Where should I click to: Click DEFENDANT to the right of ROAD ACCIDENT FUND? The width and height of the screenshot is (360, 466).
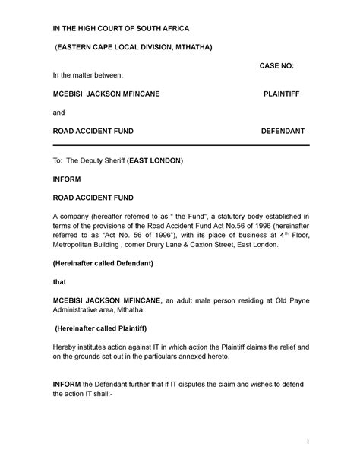(283, 131)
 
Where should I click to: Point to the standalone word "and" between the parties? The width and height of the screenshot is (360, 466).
(58, 113)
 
